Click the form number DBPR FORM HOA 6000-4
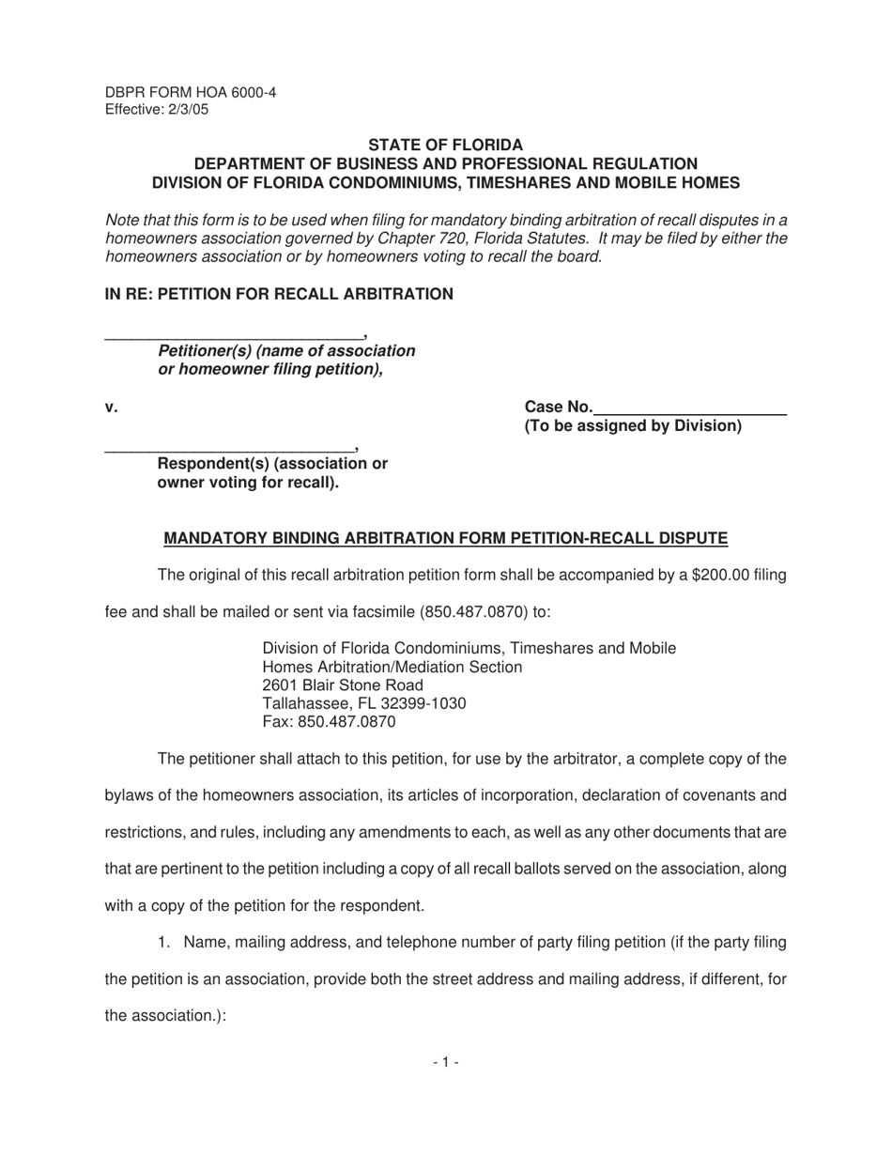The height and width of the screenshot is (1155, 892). (191, 92)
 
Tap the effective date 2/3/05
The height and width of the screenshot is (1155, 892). (188, 109)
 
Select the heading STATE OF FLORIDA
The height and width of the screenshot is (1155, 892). (445, 145)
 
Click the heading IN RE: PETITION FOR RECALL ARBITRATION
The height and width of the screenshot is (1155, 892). (278, 294)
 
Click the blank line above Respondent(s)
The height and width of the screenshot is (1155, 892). (229, 450)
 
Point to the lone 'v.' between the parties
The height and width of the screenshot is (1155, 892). (111, 407)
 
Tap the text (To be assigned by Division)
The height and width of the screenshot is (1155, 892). (632, 426)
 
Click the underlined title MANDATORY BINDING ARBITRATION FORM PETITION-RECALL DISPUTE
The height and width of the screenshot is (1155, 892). (445, 538)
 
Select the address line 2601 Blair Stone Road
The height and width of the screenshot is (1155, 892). (343, 685)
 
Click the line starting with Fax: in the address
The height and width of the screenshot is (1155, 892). (329, 722)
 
